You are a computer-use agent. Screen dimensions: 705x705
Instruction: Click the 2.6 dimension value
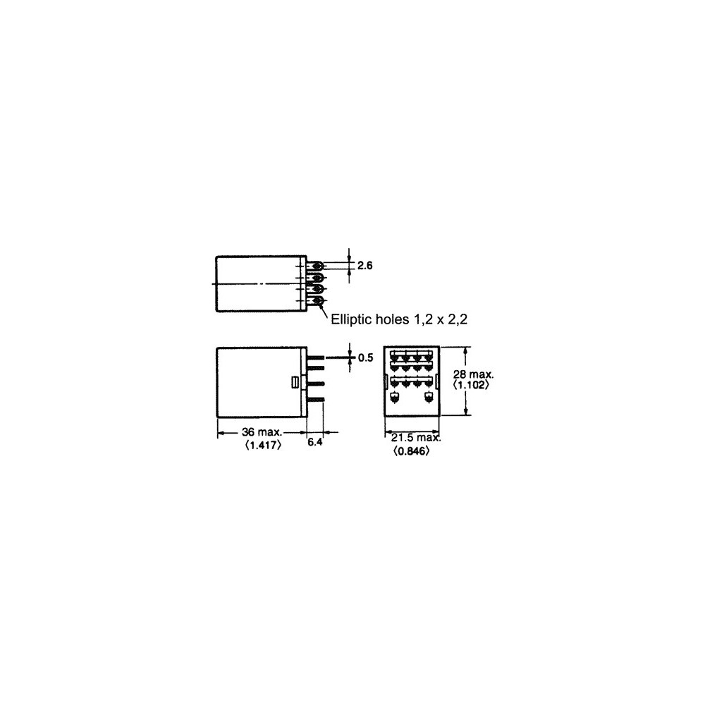[x=364, y=266]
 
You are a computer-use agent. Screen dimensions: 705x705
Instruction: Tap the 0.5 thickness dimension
[x=365, y=357]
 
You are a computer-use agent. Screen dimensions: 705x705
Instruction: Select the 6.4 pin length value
[x=314, y=443]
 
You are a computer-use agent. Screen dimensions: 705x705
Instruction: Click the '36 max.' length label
[x=262, y=432]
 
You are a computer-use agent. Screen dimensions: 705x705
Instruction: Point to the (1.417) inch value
[x=264, y=445]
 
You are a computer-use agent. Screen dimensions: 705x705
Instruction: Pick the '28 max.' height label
[x=473, y=374]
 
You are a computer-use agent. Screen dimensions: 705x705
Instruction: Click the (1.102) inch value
[x=471, y=385]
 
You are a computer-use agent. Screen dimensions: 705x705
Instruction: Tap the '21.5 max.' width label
[x=416, y=438]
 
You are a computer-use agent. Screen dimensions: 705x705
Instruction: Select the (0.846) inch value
[x=411, y=450]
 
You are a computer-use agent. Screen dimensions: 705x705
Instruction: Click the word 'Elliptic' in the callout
[x=351, y=319]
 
